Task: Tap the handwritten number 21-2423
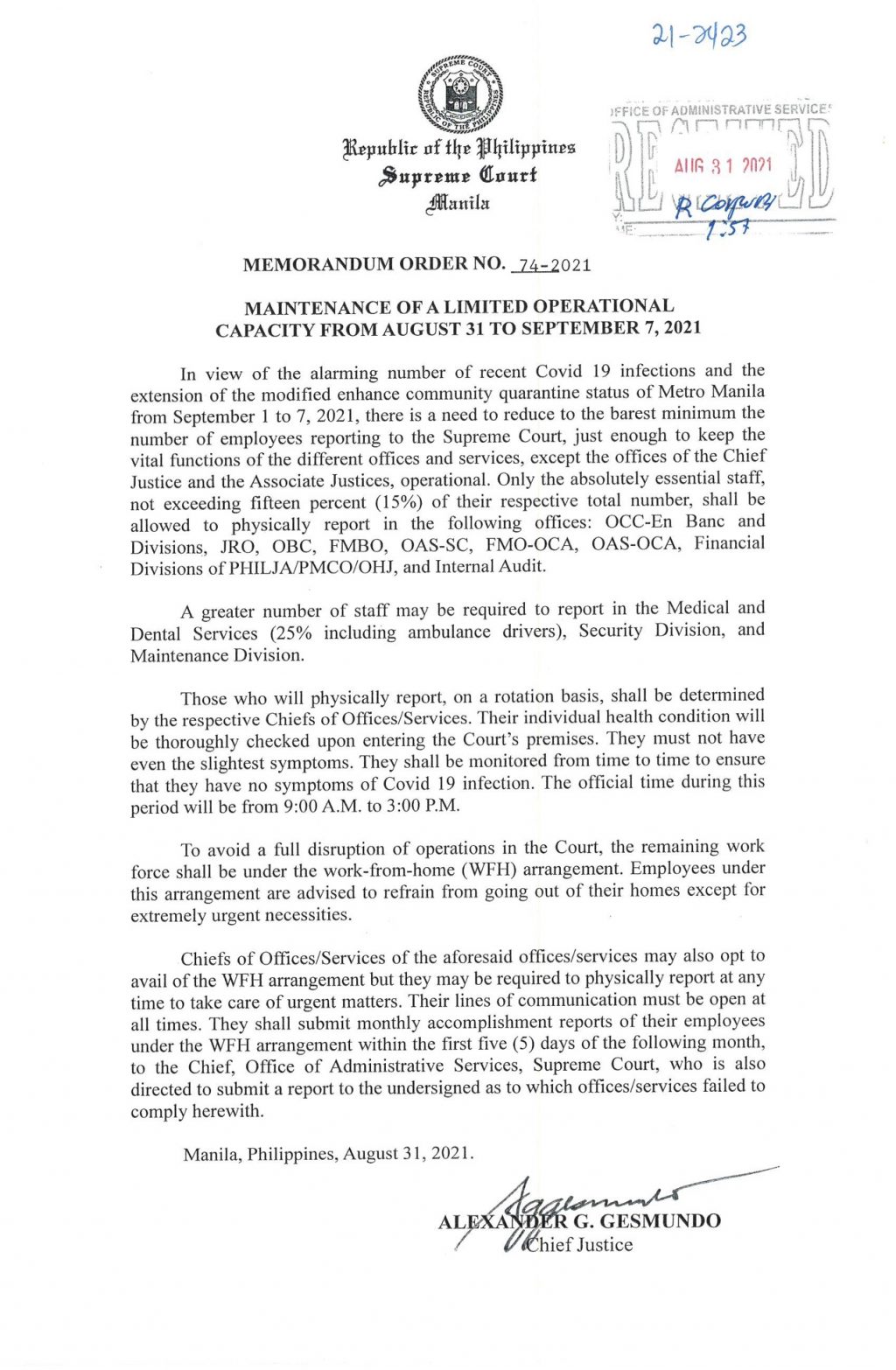pyautogui.click(x=699, y=36)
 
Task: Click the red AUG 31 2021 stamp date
pyautogui.click(x=723, y=165)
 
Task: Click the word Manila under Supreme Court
pyautogui.click(x=458, y=204)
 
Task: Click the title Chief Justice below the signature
pyautogui.click(x=582, y=1244)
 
